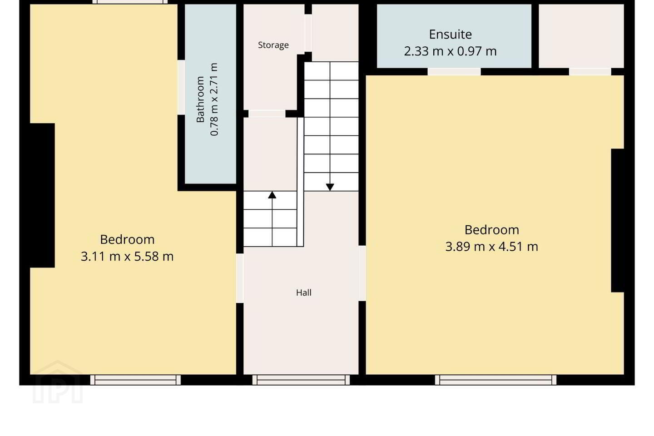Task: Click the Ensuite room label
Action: click(450, 35)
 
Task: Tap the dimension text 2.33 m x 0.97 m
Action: click(450, 51)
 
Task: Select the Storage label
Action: click(273, 45)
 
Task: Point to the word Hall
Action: click(304, 292)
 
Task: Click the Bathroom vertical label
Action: click(200, 99)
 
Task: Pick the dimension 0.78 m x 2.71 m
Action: click(214, 99)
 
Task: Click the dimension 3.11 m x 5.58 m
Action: click(127, 257)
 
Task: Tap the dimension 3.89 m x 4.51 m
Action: click(492, 247)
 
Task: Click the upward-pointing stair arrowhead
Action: click(272, 195)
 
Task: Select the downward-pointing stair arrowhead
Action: click(330, 187)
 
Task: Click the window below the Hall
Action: click(301, 380)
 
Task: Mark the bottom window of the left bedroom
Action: click(135, 380)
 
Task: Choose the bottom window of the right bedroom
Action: click(496, 380)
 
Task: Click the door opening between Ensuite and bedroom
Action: click(454, 72)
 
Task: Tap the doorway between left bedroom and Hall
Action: click(240, 278)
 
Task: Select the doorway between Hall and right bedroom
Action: click(362, 273)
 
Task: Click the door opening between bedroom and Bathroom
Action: click(181, 87)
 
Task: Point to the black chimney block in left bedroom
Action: click(42, 195)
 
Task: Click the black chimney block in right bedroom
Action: click(618, 220)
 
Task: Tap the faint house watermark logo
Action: click(58, 382)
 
